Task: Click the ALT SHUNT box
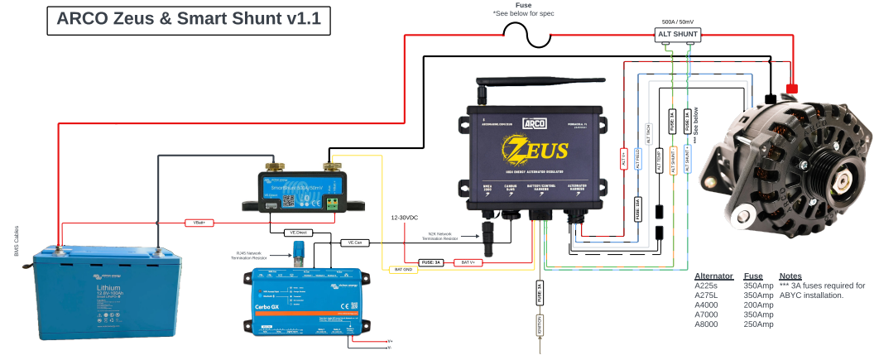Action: [678, 35]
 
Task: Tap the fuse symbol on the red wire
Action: [529, 34]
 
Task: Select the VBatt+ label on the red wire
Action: [199, 223]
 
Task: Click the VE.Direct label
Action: [295, 233]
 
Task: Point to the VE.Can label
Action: [355, 242]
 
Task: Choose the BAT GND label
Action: [404, 270]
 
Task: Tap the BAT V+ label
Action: [468, 262]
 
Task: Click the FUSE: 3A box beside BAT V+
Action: [433, 262]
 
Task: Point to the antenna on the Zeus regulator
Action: [480, 93]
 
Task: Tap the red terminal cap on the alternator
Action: [791, 88]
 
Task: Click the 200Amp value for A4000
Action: [758, 305]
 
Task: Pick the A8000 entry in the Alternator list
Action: [708, 324]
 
